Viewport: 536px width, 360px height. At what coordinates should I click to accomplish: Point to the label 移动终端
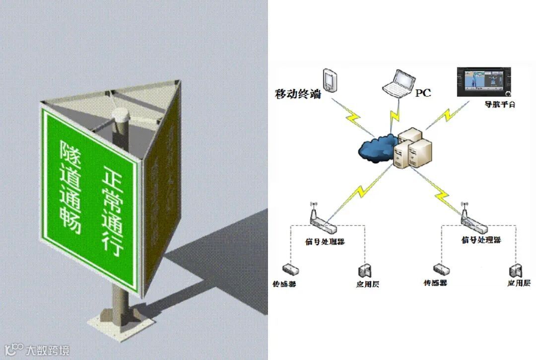pyautogui.click(x=298, y=93)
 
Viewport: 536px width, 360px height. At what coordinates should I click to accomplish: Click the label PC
pyautogui.click(x=423, y=92)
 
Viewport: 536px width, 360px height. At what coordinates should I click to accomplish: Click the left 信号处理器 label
pyautogui.click(x=325, y=242)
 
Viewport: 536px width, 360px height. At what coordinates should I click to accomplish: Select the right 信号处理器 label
pyautogui.click(x=481, y=240)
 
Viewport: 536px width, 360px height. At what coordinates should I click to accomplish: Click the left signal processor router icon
pyautogui.click(x=322, y=223)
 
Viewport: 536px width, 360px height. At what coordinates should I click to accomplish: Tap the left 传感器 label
pyautogui.click(x=285, y=285)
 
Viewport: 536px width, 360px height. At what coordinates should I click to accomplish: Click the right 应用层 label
pyautogui.click(x=518, y=283)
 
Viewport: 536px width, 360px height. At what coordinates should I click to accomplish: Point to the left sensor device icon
pyautogui.click(x=290, y=270)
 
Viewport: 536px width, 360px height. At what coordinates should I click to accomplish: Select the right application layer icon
pyautogui.click(x=515, y=271)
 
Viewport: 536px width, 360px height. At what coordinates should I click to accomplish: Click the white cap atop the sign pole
pyautogui.click(x=122, y=116)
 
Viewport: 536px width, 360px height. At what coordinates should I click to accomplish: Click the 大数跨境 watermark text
pyautogui.click(x=48, y=350)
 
